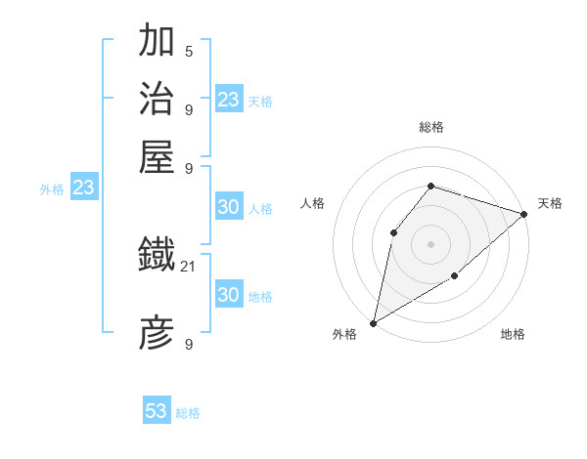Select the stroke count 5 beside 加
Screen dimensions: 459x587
[x=189, y=51]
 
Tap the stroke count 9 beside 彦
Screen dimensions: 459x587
[x=189, y=345]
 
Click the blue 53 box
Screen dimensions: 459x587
[x=157, y=411]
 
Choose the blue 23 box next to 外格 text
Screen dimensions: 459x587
[x=83, y=188]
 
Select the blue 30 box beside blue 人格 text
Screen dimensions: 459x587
[x=228, y=207]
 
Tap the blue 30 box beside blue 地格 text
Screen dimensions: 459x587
[x=228, y=295]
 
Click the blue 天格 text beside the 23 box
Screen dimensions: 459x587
[x=260, y=102]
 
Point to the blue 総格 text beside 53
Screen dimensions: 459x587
[x=188, y=413]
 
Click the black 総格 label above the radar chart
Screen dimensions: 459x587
[x=430, y=127]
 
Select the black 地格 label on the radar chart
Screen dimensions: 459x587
[x=513, y=335]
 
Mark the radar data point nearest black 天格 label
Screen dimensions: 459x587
[x=525, y=214]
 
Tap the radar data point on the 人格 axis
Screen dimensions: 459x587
[x=393, y=232]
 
